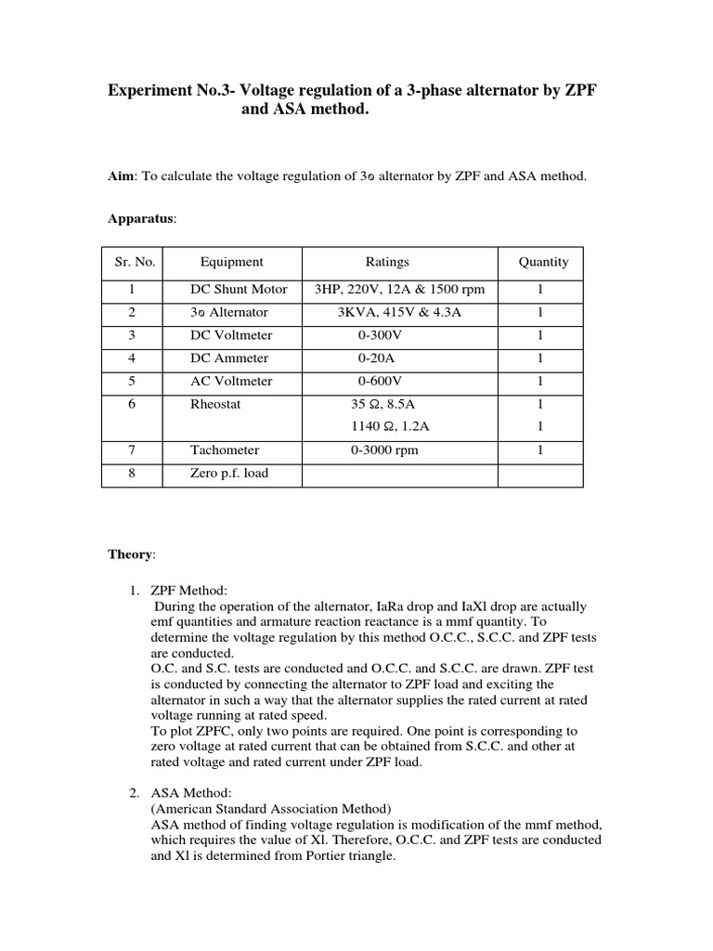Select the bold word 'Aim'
121,176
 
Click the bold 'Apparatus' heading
141,218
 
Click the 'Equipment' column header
231,262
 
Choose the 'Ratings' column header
386,262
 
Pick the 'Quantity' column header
543,262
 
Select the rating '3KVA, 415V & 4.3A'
399,313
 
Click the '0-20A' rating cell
378,358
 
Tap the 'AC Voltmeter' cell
232,382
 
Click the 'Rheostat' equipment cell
215,405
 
